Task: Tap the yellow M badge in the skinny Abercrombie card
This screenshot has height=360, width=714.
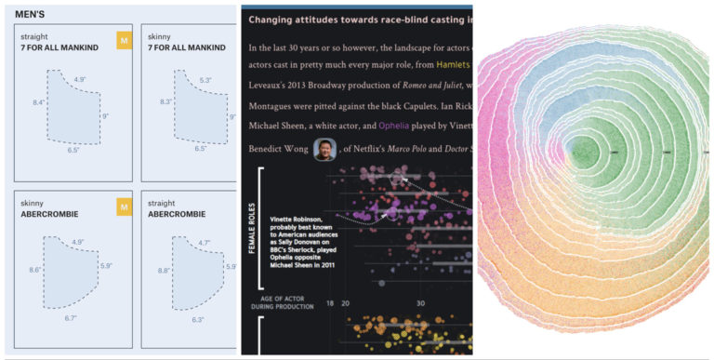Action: (x=124, y=207)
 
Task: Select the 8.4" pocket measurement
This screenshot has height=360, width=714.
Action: (x=38, y=101)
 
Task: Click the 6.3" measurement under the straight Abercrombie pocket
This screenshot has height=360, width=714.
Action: (x=197, y=319)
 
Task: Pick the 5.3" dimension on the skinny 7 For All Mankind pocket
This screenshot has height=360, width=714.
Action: (x=205, y=80)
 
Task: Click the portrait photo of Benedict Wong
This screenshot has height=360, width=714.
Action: (x=324, y=149)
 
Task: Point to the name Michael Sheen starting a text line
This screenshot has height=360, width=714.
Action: (x=280, y=126)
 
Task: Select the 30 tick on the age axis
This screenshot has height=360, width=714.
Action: (x=419, y=303)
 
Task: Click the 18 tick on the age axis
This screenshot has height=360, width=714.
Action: (x=329, y=303)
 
